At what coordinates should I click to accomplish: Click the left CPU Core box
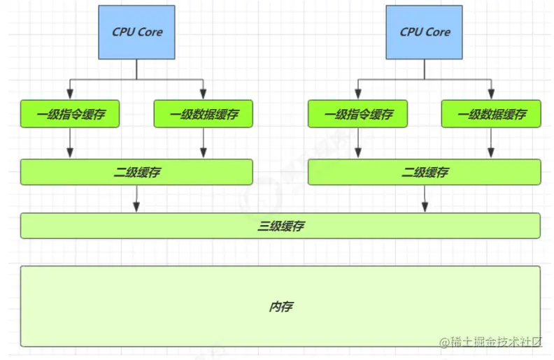(136, 32)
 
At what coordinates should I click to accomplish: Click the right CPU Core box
(425, 32)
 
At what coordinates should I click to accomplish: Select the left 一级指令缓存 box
(69, 114)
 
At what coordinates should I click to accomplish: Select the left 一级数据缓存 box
(203, 114)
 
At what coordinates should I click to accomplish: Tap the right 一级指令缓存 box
(357, 114)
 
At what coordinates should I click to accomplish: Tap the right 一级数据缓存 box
(491, 114)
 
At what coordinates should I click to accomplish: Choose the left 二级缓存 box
(136, 172)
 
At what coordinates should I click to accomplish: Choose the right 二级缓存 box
(424, 172)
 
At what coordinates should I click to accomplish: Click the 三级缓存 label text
(280, 226)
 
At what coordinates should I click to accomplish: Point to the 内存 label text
(280, 307)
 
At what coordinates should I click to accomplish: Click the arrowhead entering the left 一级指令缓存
(69, 94)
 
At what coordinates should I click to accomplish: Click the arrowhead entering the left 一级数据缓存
(203, 94)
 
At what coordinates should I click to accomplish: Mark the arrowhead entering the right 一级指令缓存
(357, 94)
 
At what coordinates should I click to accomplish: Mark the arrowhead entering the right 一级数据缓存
(491, 94)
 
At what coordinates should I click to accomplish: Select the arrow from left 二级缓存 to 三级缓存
(136, 199)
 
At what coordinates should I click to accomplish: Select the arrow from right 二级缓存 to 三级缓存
(424, 199)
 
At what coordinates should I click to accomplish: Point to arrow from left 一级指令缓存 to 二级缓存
(69, 143)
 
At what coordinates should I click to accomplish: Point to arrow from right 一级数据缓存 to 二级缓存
(491, 143)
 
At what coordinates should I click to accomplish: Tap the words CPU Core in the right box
(425, 32)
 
